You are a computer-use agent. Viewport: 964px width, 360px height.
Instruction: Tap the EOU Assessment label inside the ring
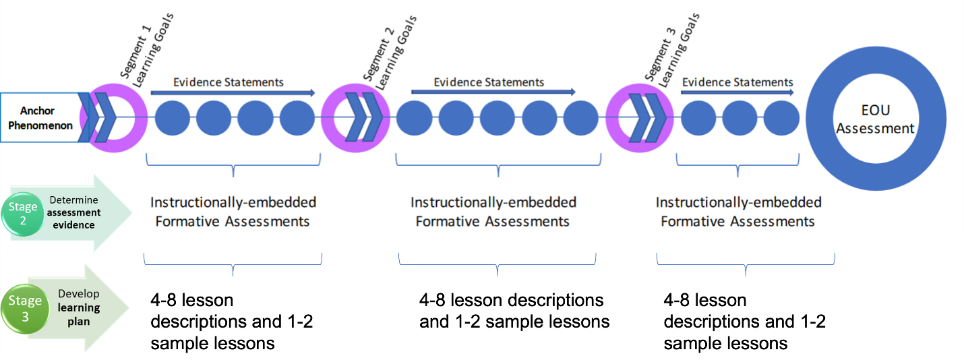point(875,119)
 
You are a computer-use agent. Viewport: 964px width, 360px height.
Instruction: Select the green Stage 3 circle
point(25,308)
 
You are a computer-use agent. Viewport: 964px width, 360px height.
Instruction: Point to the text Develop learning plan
point(79,307)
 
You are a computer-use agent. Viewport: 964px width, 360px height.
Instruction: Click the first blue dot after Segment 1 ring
point(173,118)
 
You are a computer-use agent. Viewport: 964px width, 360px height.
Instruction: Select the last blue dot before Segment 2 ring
point(297,118)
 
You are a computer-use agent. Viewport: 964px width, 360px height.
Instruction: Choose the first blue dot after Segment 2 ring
point(413,118)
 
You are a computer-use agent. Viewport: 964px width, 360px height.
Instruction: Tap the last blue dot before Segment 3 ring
point(580,118)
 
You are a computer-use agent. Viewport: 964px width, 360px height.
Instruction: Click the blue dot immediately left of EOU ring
point(781,118)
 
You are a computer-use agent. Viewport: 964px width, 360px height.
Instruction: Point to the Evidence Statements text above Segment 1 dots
point(229,82)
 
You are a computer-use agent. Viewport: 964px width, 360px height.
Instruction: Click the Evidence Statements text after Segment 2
point(489,82)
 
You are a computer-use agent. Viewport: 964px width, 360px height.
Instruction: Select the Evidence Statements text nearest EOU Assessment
point(737,82)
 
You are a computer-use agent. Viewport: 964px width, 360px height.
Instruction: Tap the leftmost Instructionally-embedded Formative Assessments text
point(233,212)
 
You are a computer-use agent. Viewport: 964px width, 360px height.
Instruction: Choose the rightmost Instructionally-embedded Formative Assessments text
point(738,212)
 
